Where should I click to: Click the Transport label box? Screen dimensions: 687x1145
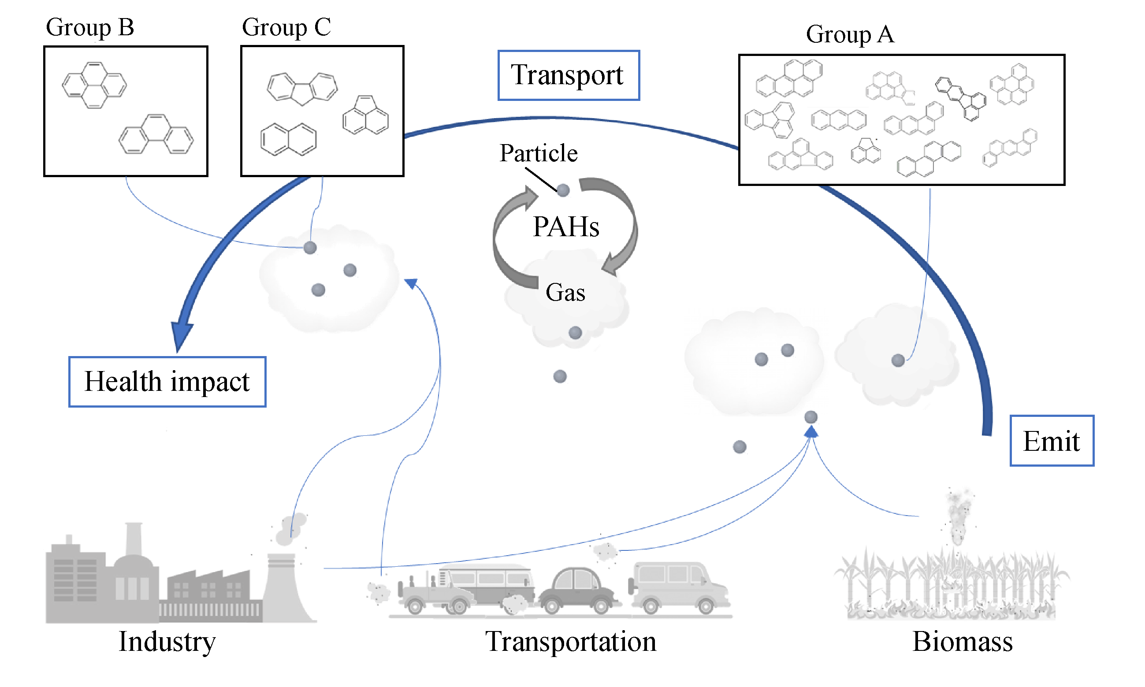[x=568, y=75]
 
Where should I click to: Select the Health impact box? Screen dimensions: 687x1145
[x=167, y=382]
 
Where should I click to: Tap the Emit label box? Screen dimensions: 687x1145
[x=1051, y=441]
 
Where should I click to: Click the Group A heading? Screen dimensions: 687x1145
[x=850, y=35]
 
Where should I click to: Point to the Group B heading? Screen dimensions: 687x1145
[x=90, y=27]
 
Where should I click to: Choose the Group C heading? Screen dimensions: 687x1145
[x=286, y=27]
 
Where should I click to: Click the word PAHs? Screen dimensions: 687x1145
[x=566, y=227]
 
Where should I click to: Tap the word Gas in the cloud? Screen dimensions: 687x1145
[x=565, y=293]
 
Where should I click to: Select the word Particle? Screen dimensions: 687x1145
[x=539, y=153]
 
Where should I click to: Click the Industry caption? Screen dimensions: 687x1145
[x=167, y=642]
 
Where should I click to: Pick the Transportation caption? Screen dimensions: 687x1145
[x=570, y=642]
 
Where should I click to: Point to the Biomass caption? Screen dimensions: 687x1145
[x=962, y=642]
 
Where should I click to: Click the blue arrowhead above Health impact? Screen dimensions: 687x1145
[x=182, y=336]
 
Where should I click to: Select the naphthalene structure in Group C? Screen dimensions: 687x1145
[x=288, y=139]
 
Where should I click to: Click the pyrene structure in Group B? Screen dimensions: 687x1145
[x=94, y=85]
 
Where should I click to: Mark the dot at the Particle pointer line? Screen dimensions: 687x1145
[x=563, y=190]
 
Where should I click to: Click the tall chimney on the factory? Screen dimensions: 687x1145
[x=134, y=539]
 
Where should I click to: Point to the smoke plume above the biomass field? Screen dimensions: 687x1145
[x=956, y=516]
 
